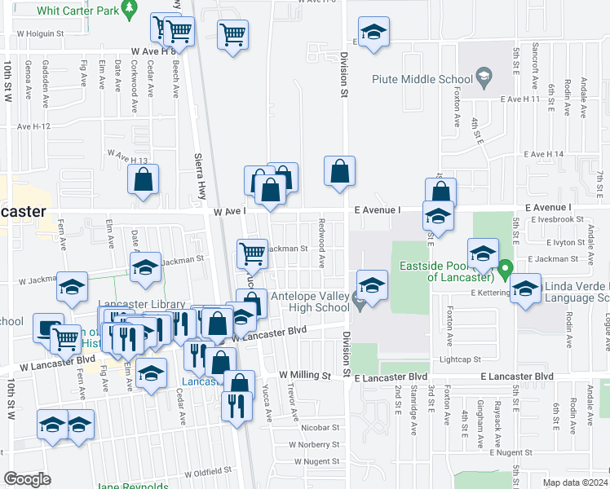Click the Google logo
(27, 479)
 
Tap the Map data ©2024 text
(575, 482)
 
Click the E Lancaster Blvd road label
(517, 376)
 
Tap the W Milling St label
(304, 376)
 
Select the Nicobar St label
(319, 426)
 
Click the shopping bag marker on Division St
(340, 172)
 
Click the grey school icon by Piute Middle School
(484, 79)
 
